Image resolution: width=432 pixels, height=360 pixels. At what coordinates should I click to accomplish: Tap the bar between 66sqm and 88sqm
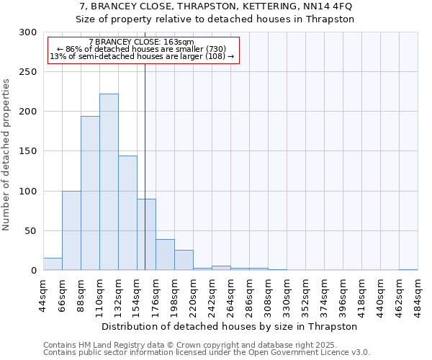pyautogui.click(x=71, y=230)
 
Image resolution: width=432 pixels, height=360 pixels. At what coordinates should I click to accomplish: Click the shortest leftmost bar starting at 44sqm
pyautogui.click(x=53, y=264)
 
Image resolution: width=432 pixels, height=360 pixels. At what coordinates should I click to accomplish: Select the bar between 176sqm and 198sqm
pyautogui.click(x=165, y=255)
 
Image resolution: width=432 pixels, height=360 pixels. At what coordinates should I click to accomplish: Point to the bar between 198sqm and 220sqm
pyautogui.click(x=184, y=260)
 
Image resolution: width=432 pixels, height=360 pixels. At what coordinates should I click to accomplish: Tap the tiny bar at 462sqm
pyautogui.click(x=408, y=269)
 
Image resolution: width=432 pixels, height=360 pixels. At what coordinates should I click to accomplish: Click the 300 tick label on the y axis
pyautogui.click(x=28, y=32)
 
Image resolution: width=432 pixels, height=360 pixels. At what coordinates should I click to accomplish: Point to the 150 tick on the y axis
pyautogui.click(x=28, y=151)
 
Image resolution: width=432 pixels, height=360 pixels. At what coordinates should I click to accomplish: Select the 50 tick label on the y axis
pyautogui.click(x=31, y=231)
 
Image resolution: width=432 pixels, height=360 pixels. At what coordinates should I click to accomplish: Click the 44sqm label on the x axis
pyautogui.click(x=43, y=293)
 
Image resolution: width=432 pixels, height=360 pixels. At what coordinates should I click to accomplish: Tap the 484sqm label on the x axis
pyautogui.click(x=418, y=293)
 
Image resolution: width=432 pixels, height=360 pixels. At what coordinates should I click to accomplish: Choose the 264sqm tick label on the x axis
pyautogui.click(x=230, y=293)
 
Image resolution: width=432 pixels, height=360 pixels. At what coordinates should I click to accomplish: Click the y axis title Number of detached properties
pyautogui.click(x=7, y=155)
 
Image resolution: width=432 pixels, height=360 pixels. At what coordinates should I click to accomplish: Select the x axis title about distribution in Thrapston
pyautogui.click(x=230, y=326)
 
